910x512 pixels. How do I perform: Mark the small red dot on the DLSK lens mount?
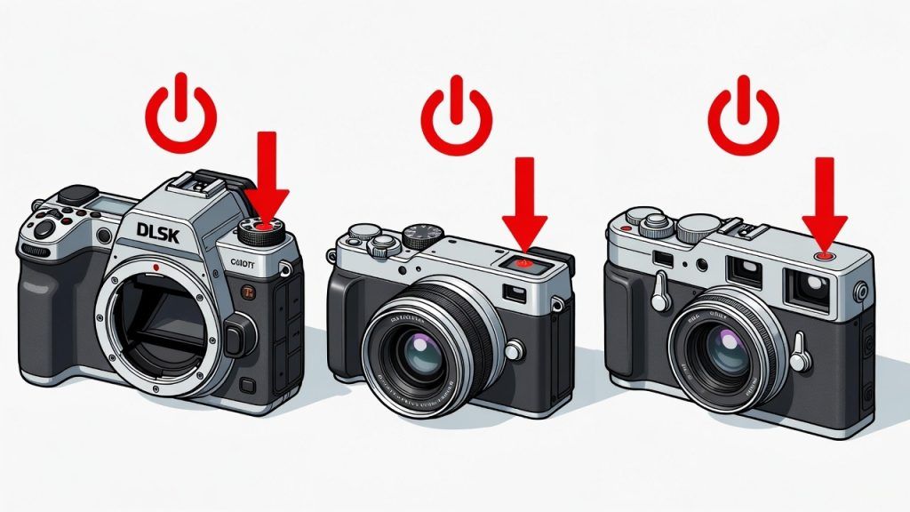pyautogui.click(x=156, y=266)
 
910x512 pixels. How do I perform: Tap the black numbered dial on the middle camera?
pyautogui.click(x=423, y=235)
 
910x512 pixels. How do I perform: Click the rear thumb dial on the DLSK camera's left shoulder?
pyautogui.click(x=42, y=228)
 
